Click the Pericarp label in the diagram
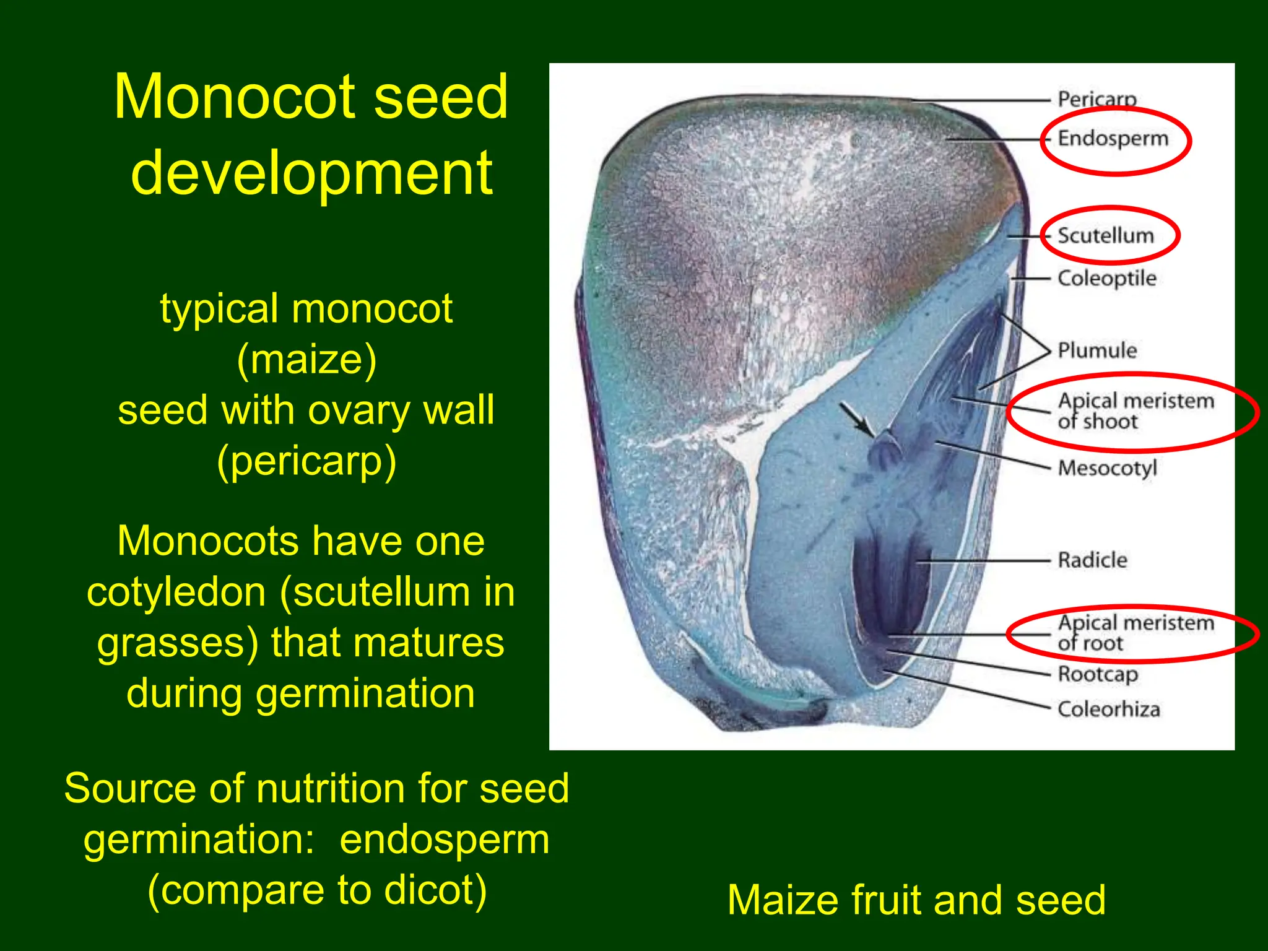click(x=1096, y=99)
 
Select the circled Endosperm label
click(x=1113, y=139)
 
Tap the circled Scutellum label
click(x=1105, y=236)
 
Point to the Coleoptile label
click(x=1106, y=279)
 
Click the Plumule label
click(x=1097, y=350)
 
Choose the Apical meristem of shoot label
click(x=1135, y=411)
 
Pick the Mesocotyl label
click(x=1107, y=468)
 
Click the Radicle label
click(x=1092, y=560)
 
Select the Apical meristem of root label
click(x=1135, y=633)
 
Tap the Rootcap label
click(x=1097, y=674)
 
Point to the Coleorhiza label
click(x=1108, y=710)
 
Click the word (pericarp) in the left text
click(x=306, y=461)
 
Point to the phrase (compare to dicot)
click(x=317, y=890)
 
